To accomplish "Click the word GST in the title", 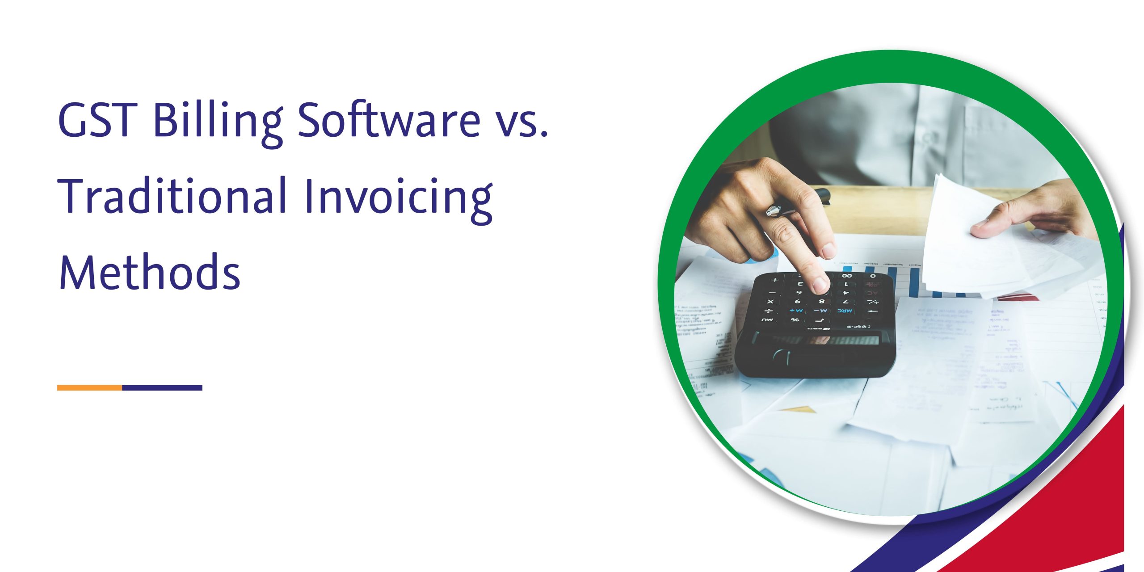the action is point(97,119).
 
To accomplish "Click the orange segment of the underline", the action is point(89,388).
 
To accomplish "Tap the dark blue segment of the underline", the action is point(162,388).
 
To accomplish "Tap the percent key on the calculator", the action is point(795,320).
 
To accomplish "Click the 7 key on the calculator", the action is point(845,302).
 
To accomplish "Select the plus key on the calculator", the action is point(775,280).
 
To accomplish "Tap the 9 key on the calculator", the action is point(797,302).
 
